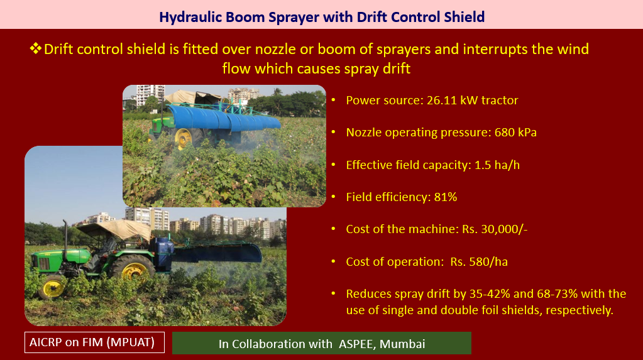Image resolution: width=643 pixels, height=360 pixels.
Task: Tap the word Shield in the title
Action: (464, 17)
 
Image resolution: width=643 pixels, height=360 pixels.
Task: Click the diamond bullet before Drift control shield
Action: (35, 48)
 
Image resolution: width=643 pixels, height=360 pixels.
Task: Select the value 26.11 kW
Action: (451, 100)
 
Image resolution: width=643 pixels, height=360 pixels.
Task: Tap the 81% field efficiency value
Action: (446, 197)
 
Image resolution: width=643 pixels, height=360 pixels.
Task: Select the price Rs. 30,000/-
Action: (495, 229)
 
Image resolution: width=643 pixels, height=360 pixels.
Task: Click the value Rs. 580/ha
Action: (479, 261)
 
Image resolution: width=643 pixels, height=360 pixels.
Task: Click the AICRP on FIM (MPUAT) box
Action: (94, 342)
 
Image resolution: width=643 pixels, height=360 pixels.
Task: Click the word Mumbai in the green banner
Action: (402, 344)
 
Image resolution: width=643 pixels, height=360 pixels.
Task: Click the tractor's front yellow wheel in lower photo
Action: (53, 287)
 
